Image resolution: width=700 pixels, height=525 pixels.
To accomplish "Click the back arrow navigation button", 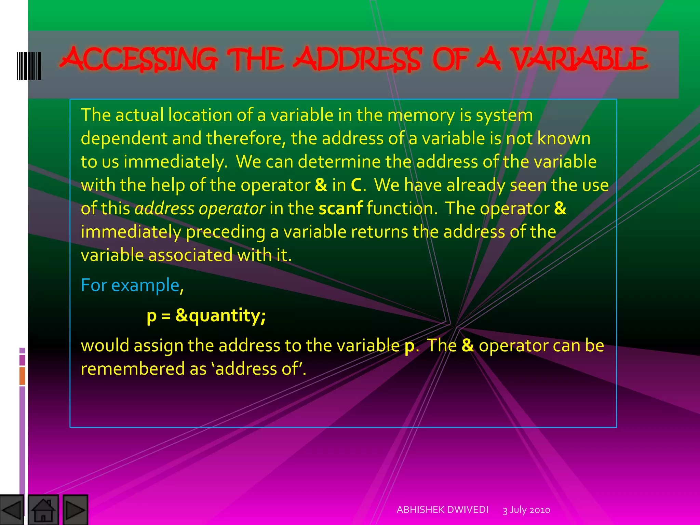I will tap(12, 510).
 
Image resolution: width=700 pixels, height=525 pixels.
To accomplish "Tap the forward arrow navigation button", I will tap(75, 510).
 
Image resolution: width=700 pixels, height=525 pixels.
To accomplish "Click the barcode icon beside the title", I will tap(29, 66).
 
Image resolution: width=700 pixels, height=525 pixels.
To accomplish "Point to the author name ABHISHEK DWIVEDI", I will tap(442, 510).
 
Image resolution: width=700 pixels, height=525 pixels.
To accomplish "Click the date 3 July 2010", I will tap(526, 510).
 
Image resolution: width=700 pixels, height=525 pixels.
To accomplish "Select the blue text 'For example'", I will tap(130, 285).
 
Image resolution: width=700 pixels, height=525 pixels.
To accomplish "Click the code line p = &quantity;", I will tap(206, 315).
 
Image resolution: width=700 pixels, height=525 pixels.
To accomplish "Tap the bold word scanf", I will tap(340, 208).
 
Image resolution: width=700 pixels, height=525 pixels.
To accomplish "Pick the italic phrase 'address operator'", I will tap(200, 208).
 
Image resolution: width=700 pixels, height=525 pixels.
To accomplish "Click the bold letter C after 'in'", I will tap(356, 185).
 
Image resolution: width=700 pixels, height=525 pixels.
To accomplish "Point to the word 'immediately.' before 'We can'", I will tap(176, 162).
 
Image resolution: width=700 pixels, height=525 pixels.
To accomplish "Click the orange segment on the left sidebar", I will tap(22, 376).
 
